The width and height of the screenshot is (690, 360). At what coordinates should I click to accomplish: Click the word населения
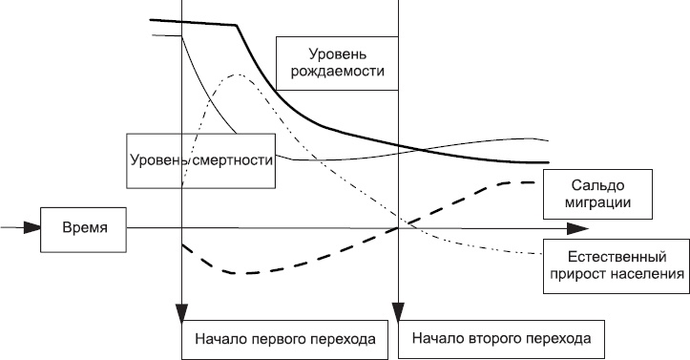tap(644, 275)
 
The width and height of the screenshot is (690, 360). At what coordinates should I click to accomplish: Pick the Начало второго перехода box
tap(501, 338)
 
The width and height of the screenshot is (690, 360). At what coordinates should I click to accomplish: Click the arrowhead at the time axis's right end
tap(577, 228)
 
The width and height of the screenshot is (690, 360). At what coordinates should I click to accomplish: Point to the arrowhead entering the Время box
tap(33, 228)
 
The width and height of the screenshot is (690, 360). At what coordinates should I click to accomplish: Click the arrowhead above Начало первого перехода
tap(180, 312)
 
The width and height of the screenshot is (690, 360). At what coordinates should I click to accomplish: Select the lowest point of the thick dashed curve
tap(243, 273)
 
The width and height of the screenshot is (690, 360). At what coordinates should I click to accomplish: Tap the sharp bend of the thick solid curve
tap(236, 26)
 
